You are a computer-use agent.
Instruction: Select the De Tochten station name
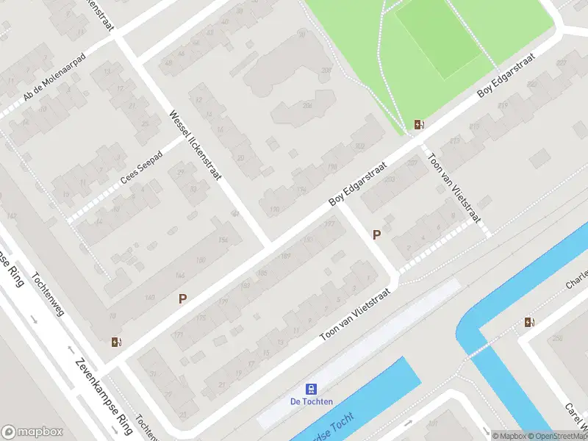(312, 401)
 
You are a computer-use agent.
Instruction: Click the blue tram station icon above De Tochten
(312, 389)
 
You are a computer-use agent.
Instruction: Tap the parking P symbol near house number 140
(182, 298)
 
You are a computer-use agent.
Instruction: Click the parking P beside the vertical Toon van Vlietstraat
(377, 234)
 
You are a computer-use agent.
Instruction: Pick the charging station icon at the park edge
(419, 125)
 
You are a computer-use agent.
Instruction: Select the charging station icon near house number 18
(115, 341)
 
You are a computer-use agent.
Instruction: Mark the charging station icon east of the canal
(529, 322)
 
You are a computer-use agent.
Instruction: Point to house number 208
(326, 71)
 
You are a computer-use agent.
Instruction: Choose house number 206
(307, 106)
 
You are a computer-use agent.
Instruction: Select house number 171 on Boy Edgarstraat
(176, 335)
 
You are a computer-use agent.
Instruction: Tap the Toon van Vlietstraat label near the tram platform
(354, 315)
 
